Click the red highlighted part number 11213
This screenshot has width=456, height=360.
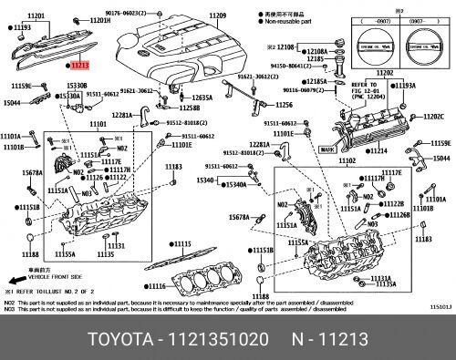[x=79, y=66]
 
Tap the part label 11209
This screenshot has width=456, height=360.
[x=216, y=16]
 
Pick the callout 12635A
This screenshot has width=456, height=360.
[x=202, y=98]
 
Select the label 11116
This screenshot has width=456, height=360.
[x=159, y=286]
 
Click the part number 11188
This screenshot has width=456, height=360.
[x=261, y=296]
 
